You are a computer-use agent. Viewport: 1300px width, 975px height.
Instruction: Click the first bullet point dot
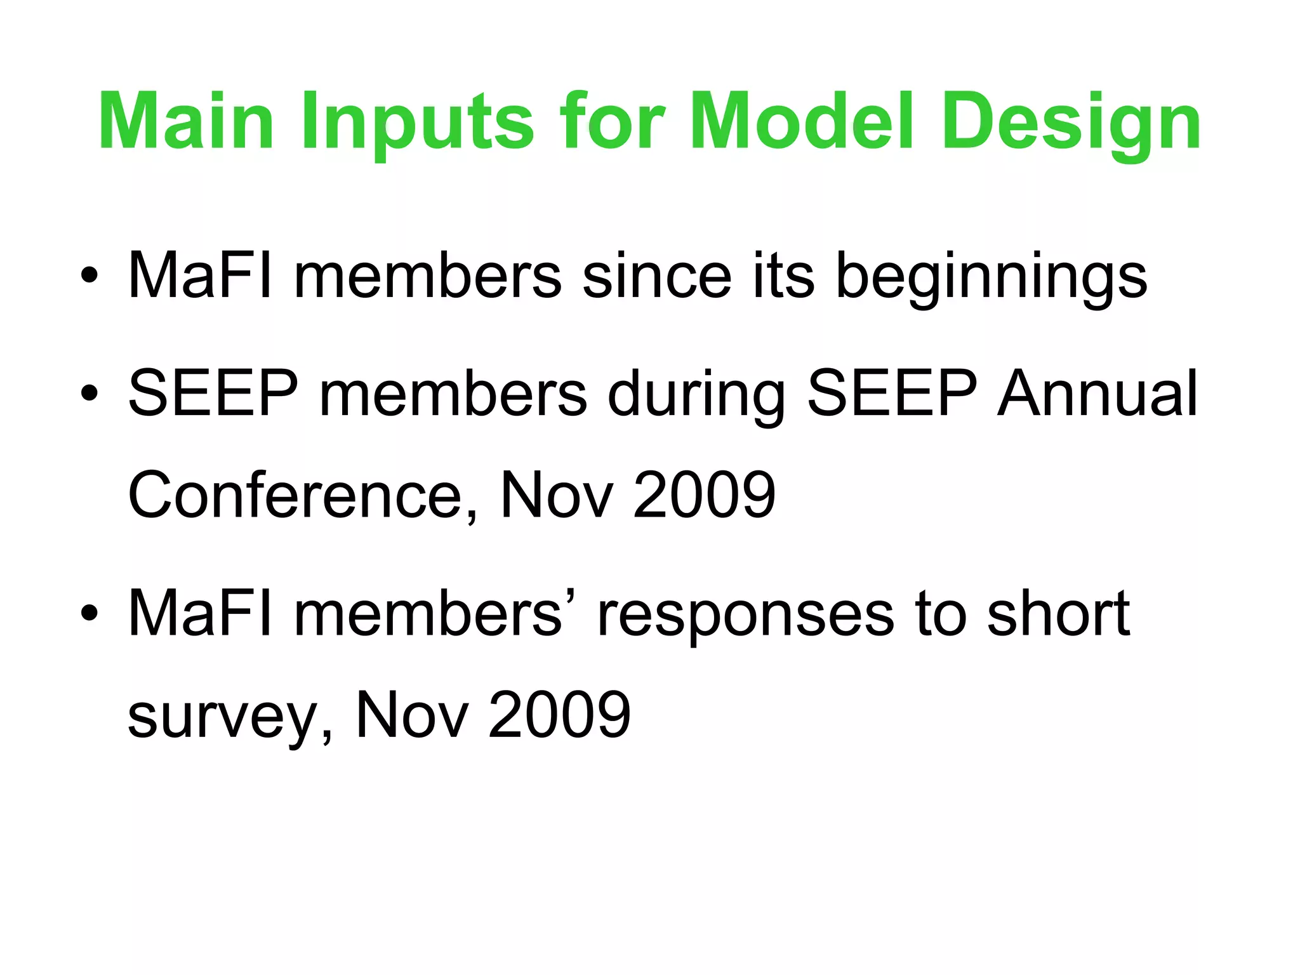pos(90,275)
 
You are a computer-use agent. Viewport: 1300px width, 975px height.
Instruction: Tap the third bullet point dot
pos(90,613)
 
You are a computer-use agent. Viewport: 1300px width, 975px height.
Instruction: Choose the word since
pos(656,275)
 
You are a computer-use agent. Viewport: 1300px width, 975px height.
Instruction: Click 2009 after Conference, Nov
pos(704,495)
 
